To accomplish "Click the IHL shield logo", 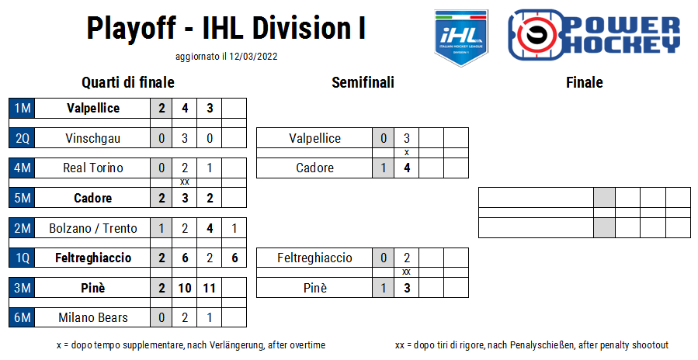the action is pos(461,37).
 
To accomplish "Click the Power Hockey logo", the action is pos(594,35).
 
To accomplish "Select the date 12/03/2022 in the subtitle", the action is pos(253,57).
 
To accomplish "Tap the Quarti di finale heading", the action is pos(128,82).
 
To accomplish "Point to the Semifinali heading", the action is pos(363,82).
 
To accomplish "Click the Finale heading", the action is pos(585,82).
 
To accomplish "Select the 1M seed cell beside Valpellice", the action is pos(22,108).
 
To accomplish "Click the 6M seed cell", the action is pos(22,317).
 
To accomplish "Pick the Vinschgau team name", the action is pos(92,138).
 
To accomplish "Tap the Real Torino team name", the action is pos(92,168).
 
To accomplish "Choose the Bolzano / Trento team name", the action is pos(92,228).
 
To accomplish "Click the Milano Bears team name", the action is pos(92,317).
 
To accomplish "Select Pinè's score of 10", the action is pos(185,288).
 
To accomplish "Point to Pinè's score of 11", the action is pos(209,288).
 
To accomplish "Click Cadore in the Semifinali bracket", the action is pos(314,168).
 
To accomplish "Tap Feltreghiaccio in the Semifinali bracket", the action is pos(314,258).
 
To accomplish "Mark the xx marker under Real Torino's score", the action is pos(185,182).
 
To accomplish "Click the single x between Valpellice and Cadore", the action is pos(406,152).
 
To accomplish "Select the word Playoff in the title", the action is pos(131,29).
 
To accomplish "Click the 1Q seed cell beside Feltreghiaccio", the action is pos(22,258).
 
